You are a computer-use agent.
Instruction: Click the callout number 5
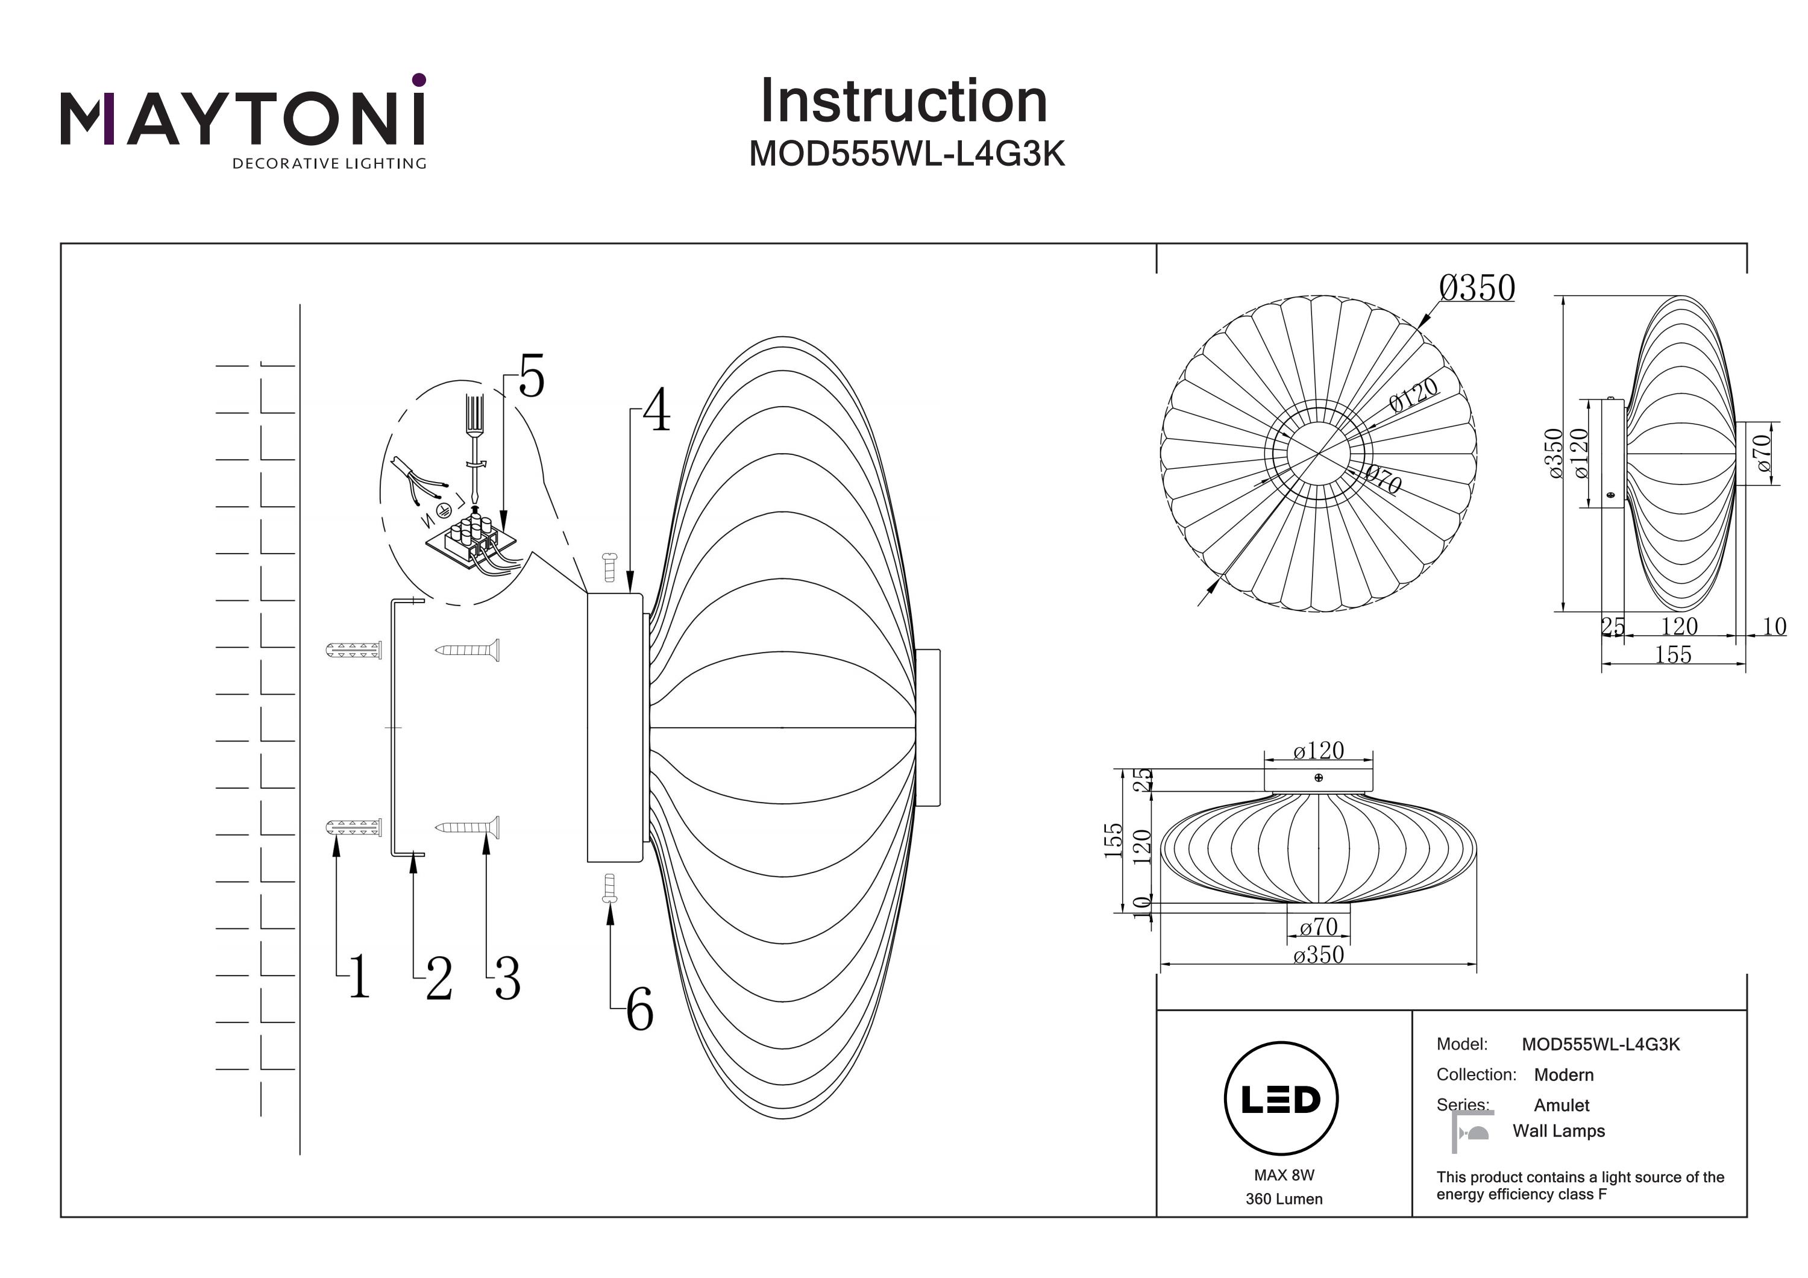(532, 377)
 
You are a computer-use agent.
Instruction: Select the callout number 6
(639, 1010)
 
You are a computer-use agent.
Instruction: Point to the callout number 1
(359, 977)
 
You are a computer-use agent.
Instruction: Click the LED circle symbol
(1281, 1099)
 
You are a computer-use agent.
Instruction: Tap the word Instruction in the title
(903, 102)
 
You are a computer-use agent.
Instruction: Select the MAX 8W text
(1284, 1176)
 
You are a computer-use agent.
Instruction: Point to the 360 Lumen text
(1284, 1199)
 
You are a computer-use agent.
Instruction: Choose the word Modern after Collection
(1563, 1075)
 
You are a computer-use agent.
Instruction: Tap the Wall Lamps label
(1558, 1131)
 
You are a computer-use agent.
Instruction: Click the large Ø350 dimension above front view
(1477, 288)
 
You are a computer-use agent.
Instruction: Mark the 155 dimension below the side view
(1672, 655)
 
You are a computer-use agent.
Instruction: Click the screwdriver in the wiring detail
(474, 449)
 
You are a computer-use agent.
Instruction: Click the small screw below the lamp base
(609, 888)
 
